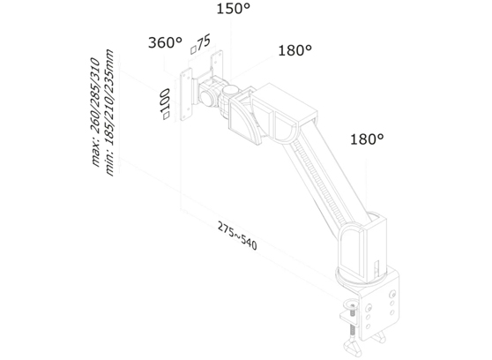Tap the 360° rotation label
[165, 43]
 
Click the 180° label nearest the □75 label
[295, 50]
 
